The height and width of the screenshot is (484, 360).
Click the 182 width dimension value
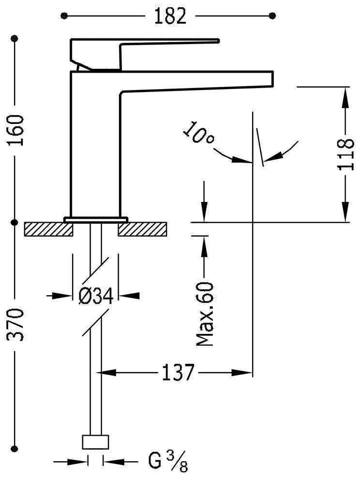[170, 15]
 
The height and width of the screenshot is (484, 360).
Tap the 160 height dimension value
[15, 130]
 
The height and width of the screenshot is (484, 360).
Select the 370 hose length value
[15, 324]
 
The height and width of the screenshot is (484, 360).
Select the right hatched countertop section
[144, 228]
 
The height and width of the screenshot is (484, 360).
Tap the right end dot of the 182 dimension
[272, 16]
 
